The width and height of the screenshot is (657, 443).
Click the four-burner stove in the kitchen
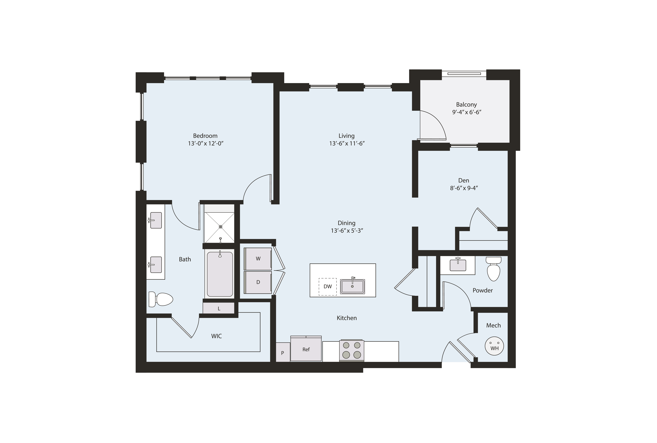[351, 350]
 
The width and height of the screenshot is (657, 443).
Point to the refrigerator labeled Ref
[306, 349]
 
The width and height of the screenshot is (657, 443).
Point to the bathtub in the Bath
[220, 274]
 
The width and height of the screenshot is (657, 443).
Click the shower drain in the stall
[220, 227]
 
